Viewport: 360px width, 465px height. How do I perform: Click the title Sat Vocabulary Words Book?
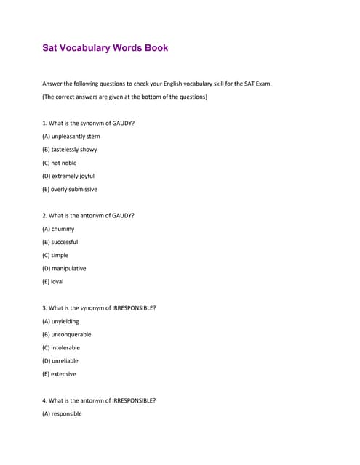[105, 48]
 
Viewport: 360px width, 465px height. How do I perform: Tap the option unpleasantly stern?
[71, 137]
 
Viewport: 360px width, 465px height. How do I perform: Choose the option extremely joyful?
[68, 176]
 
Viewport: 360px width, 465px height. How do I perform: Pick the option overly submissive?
[70, 189]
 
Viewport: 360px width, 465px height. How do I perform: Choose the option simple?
[56, 255]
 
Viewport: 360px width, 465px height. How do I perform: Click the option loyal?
[53, 281]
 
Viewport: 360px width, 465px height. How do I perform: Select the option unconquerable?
[67, 334]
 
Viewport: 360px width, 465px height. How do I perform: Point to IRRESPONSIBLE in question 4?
[132, 400]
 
